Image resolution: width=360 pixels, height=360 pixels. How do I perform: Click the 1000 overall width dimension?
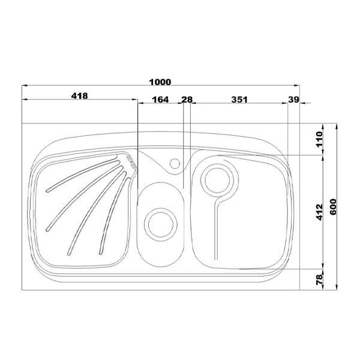(160, 82)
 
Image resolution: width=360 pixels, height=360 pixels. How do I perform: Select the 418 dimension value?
(79, 96)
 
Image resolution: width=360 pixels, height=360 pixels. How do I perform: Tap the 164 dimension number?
(160, 100)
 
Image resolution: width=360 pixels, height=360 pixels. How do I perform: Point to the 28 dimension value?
(187, 100)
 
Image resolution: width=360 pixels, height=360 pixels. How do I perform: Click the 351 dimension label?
(239, 100)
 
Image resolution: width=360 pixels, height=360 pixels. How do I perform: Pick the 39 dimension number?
(293, 100)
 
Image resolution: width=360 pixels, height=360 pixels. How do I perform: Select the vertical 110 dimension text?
(319, 139)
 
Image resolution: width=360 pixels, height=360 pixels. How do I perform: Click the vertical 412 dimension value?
(319, 212)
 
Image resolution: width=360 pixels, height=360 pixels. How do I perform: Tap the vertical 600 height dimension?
(333, 207)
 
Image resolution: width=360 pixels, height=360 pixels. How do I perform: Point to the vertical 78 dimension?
(319, 280)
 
